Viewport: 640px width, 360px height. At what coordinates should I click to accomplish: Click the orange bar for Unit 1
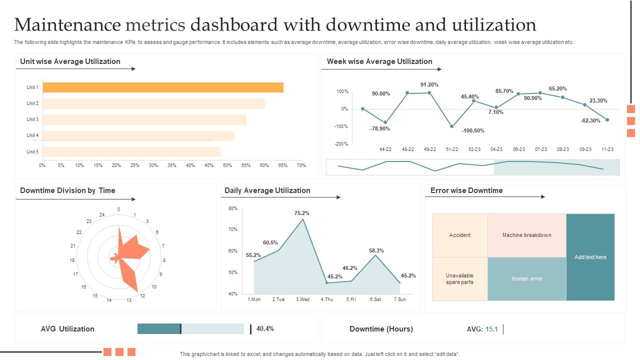point(163,87)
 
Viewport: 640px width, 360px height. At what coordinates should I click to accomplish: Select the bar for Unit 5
point(131,152)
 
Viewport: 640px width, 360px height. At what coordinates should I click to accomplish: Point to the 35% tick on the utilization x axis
point(172,165)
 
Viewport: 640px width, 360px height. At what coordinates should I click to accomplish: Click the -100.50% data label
point(472,130)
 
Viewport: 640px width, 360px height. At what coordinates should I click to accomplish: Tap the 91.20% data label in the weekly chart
point(429,84)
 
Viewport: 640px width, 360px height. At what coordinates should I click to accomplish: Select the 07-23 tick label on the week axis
point(540,149)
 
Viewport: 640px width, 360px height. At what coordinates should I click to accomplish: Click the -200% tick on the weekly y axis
point(341,144)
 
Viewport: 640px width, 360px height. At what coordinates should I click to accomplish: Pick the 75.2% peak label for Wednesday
point(302,213)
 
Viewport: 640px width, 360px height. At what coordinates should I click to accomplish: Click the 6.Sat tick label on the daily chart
point(375,299)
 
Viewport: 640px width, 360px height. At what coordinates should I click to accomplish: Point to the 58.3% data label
point(376,250)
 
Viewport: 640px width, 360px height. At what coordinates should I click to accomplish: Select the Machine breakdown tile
point(526,235)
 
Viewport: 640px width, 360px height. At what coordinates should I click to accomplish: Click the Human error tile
point(526,279)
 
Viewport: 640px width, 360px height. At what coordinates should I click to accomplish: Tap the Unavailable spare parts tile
point(459,279)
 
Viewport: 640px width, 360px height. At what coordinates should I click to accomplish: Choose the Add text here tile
point(590,257)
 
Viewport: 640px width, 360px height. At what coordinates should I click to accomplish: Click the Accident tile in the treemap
point(459,235)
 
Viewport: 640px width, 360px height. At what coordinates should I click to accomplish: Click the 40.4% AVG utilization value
point(265,329)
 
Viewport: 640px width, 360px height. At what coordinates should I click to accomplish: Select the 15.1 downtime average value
point(491,329)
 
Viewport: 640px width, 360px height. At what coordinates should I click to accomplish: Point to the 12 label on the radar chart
point(142,295)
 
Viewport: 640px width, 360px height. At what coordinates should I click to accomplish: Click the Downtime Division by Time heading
point(67,190)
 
